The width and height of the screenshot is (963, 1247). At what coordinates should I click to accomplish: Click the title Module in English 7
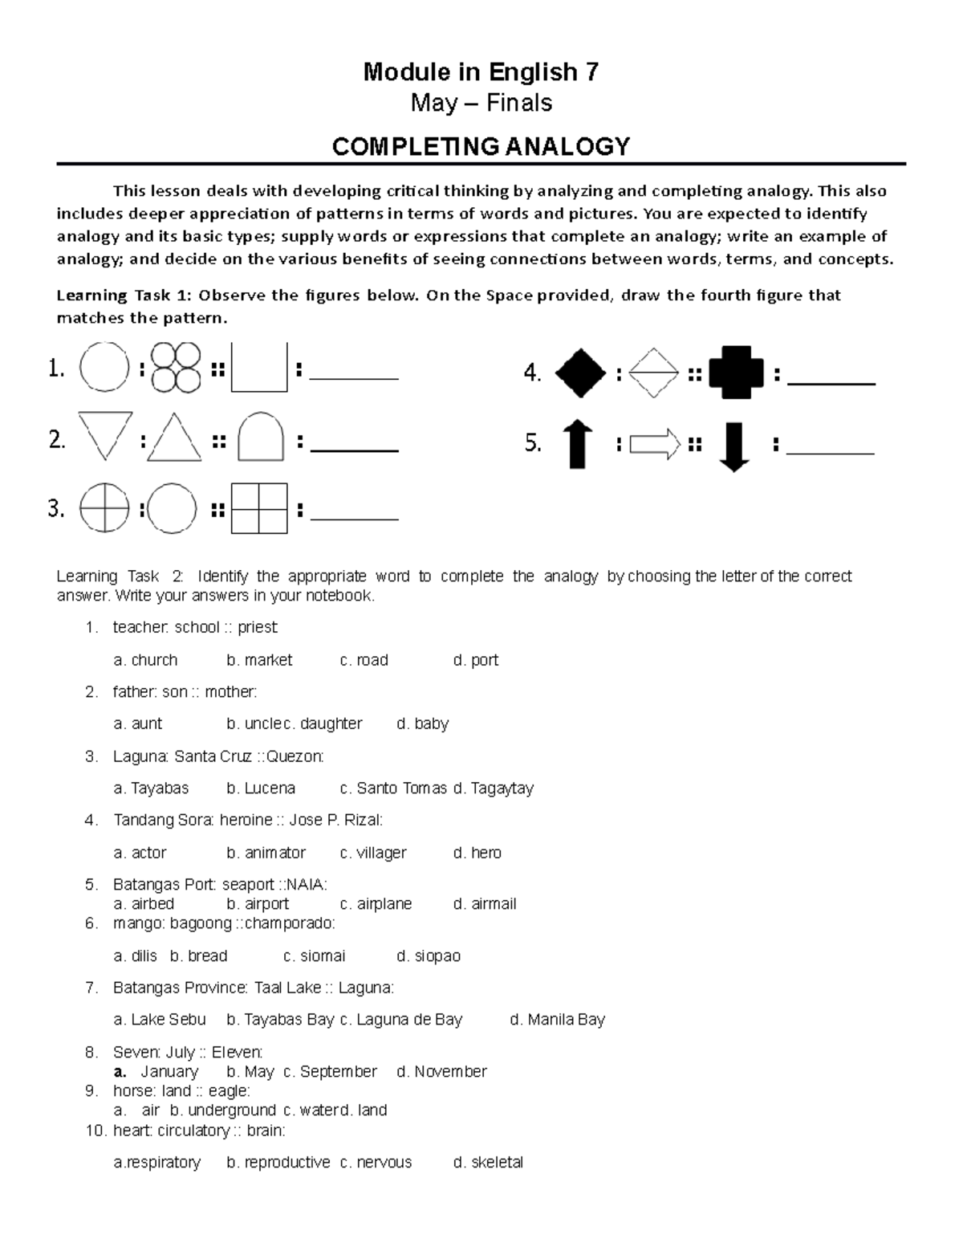(481, 72)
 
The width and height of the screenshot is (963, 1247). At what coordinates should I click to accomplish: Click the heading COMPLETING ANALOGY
(481, 146)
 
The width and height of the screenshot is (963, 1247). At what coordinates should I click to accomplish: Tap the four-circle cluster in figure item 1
(176, 368)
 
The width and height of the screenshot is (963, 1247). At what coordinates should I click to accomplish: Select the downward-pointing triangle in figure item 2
(105, 434)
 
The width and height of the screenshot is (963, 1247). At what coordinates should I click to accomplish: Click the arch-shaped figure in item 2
(261, 437)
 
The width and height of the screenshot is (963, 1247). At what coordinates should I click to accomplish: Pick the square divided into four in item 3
(259, 508)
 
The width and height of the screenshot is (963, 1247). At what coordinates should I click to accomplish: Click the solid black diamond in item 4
(581, 373)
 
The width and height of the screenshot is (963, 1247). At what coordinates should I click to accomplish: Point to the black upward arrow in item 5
(578, 445)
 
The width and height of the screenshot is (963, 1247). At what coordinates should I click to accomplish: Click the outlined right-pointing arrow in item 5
(655, 444)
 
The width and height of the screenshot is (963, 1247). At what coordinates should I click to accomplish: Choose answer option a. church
(145, 660)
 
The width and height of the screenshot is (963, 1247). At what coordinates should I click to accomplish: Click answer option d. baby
(423, 723)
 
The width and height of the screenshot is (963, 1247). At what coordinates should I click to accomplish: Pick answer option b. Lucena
(261, 789)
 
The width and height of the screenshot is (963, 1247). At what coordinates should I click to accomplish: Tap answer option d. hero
(477, 853)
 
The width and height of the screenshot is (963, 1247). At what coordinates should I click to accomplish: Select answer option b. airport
(258, 903)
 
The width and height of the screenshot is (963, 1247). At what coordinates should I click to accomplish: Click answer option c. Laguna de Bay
(401, 1020)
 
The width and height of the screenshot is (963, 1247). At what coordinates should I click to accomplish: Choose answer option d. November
(441, 1071)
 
